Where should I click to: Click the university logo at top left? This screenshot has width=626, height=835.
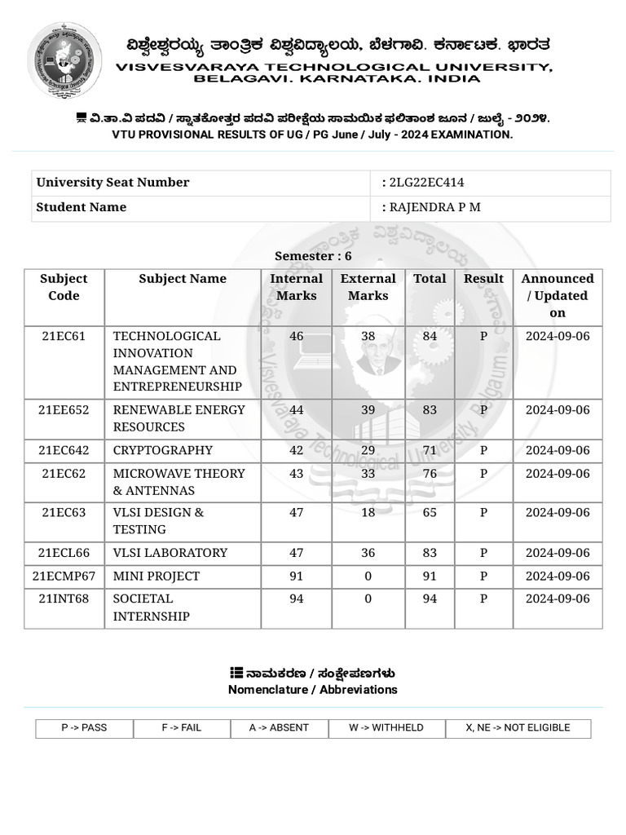[x=64, y=60]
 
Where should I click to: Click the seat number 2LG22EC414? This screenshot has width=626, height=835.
[x=426, y=183]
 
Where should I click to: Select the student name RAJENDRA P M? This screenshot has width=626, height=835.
[x=434, y=207]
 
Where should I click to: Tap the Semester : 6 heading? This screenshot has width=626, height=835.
[x=313, y=256]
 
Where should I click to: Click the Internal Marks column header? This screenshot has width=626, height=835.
[x=296, y=287]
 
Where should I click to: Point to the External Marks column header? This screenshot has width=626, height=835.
[x=368, y=287]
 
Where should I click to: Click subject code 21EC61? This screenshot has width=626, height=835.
[x=64, y=336]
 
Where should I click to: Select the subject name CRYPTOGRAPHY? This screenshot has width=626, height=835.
[x=162, y=450]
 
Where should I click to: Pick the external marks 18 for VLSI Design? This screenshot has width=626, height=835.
[x=368, y=513]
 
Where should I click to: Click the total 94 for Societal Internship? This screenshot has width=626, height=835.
[x=430, y=599]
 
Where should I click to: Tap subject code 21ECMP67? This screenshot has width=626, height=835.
[x=64, y=577]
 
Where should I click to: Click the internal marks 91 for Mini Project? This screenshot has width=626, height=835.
[x=296, y=577]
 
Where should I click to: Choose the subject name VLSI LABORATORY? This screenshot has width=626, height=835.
[x=170, y=553]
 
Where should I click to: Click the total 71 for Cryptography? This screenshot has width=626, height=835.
[x=430, y=450]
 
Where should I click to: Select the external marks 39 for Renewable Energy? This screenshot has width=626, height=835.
[x=368, y=410]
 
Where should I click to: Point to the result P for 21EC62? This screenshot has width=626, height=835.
[x=483, y=474]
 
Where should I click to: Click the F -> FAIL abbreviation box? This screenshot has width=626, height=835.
[x=181, y=728]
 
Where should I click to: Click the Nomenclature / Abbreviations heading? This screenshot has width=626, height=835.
[x=313, y=690]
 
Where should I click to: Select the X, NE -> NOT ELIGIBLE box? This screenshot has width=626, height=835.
[x=518, y=728]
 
